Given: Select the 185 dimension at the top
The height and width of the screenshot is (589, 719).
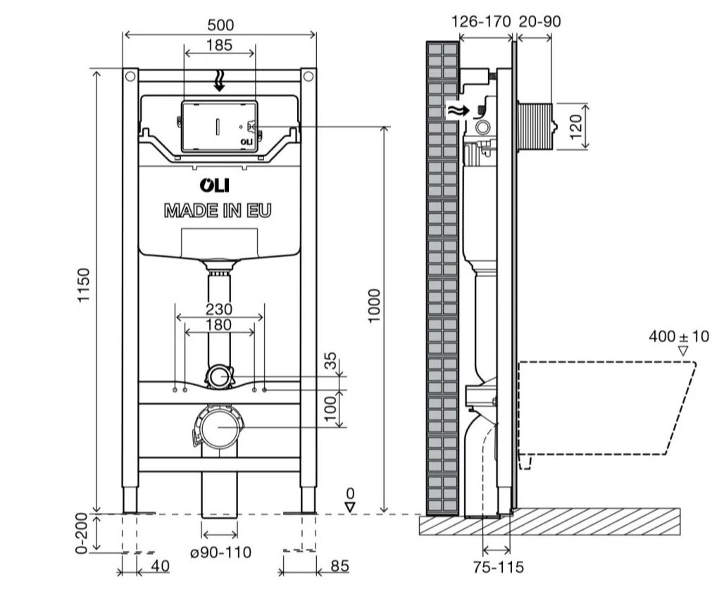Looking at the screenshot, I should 220,46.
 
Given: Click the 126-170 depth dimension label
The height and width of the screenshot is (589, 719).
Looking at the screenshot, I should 480,22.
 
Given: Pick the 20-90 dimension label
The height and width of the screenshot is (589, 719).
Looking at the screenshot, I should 539,22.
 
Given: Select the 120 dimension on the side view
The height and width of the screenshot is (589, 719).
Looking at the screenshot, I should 577,127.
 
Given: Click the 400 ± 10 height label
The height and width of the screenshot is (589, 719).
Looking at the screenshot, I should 679,336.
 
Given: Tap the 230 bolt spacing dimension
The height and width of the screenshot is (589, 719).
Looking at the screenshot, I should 220,308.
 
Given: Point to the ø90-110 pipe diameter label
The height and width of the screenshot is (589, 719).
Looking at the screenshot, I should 220,552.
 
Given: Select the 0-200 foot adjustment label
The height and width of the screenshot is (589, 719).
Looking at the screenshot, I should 82,533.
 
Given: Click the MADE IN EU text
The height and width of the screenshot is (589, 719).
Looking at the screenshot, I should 218,210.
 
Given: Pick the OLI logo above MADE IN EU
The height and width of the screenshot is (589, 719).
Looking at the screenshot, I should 218,185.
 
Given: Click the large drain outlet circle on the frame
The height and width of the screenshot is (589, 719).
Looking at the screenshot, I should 220,427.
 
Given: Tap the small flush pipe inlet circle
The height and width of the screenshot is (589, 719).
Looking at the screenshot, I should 220,376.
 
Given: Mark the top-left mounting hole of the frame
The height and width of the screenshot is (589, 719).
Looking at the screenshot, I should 130,75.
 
